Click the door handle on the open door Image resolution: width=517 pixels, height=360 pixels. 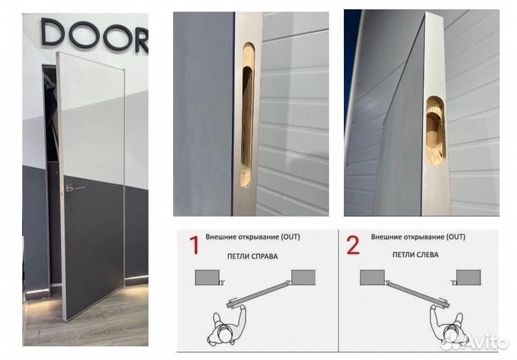point(73,188)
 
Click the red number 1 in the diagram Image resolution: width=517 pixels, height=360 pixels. point(194,245)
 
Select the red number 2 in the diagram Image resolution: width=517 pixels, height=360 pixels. point(353,245)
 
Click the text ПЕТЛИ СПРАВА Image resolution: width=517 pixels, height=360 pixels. point(252,257)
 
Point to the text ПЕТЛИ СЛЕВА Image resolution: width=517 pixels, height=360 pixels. point(415,255)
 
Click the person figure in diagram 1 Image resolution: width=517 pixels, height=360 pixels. point(227,325)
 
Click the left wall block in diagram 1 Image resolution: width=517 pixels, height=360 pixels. point(208,277)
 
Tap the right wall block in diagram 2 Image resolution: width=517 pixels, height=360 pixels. point(468,277)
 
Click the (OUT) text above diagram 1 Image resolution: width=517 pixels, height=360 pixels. point(290,237)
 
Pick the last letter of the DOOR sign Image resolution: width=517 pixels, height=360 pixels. point(141,39)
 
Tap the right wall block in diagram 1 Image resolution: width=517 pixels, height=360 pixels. point(303,277)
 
